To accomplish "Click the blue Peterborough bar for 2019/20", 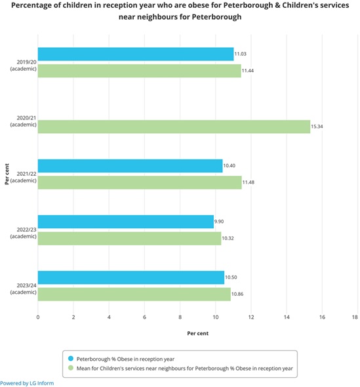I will [136, 54].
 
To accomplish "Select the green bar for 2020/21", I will [174, 127].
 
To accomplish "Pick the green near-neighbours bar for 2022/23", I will [129, 238].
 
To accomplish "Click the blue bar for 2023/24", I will [130, 277].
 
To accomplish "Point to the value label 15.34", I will [319, 127].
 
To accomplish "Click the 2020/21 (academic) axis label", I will [23, 121].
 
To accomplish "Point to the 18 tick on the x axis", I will [355, 317].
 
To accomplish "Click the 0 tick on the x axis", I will [38, 317].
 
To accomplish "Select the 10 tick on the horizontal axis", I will [215, 317].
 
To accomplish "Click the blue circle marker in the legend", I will [71, 359].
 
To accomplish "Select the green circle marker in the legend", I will [71, 370].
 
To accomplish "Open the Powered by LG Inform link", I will [27, 383].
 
